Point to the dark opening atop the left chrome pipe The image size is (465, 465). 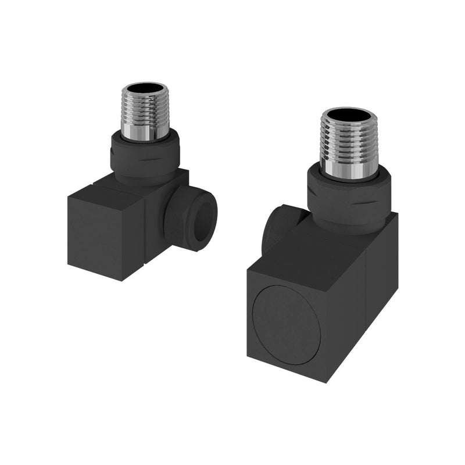click(x=145, y=90)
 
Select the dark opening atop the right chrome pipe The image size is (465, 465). click(x=349, y=115)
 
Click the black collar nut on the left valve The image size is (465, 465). click(x=145, y=157)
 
